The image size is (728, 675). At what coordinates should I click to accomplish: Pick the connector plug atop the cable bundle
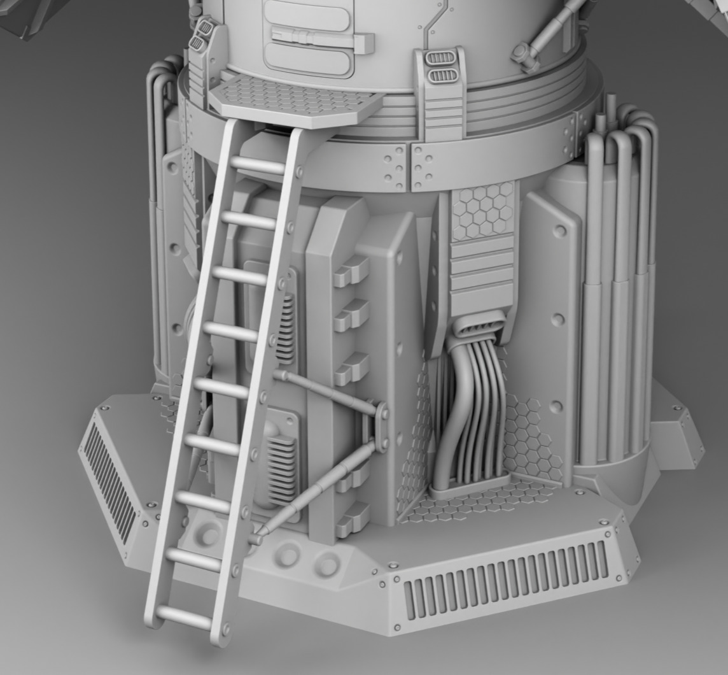477,327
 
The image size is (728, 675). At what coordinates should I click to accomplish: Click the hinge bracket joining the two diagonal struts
382,427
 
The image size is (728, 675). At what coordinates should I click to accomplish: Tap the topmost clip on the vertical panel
351,273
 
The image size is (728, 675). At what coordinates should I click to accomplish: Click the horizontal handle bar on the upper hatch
321,38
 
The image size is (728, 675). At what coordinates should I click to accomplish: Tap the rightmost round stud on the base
328,564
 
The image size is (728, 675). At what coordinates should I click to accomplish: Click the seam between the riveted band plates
408,167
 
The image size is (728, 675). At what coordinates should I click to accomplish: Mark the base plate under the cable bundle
471,494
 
